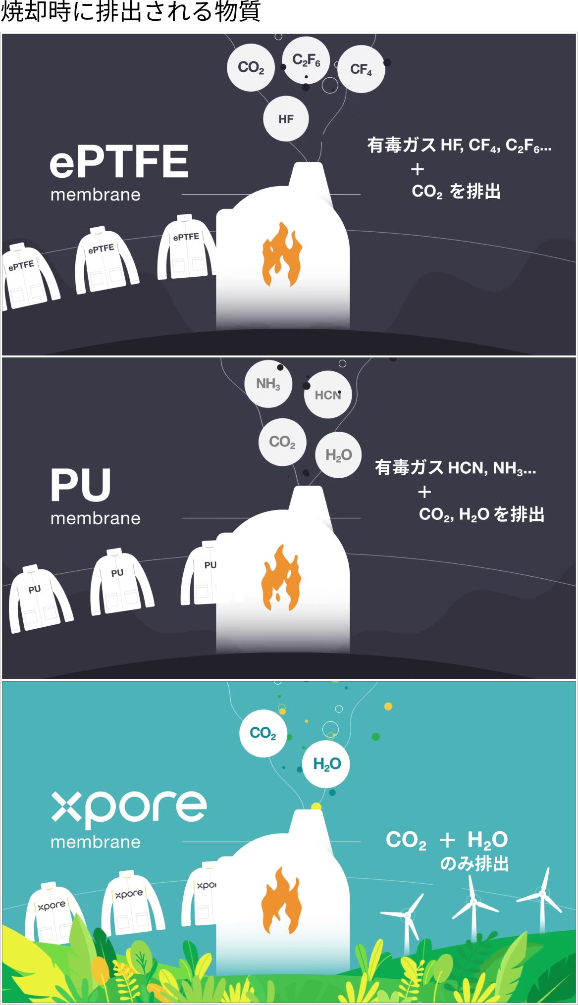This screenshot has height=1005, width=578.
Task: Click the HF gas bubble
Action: (x=286, y=119)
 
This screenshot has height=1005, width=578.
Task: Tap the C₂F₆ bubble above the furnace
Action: (x=306, y=60)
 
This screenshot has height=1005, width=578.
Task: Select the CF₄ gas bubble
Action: (x=361, y=69)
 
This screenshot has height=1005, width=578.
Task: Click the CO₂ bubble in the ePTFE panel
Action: (x=251, y=67)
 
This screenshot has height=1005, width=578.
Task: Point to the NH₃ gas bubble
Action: (x=268, y=384)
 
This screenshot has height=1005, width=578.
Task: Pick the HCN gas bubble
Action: (x=328, y=395)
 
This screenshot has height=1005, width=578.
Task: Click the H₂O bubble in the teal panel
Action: (x=326, y=764)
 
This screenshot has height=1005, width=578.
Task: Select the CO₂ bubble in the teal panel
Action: (x=263, y=733)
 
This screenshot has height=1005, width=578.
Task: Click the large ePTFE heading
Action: (x=119, y=161)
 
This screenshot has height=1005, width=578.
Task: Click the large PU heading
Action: (x=81, y=485)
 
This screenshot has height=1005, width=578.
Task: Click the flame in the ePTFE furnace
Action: (x=282, y=254)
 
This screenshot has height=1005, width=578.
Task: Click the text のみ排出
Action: (x=474, y=864)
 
